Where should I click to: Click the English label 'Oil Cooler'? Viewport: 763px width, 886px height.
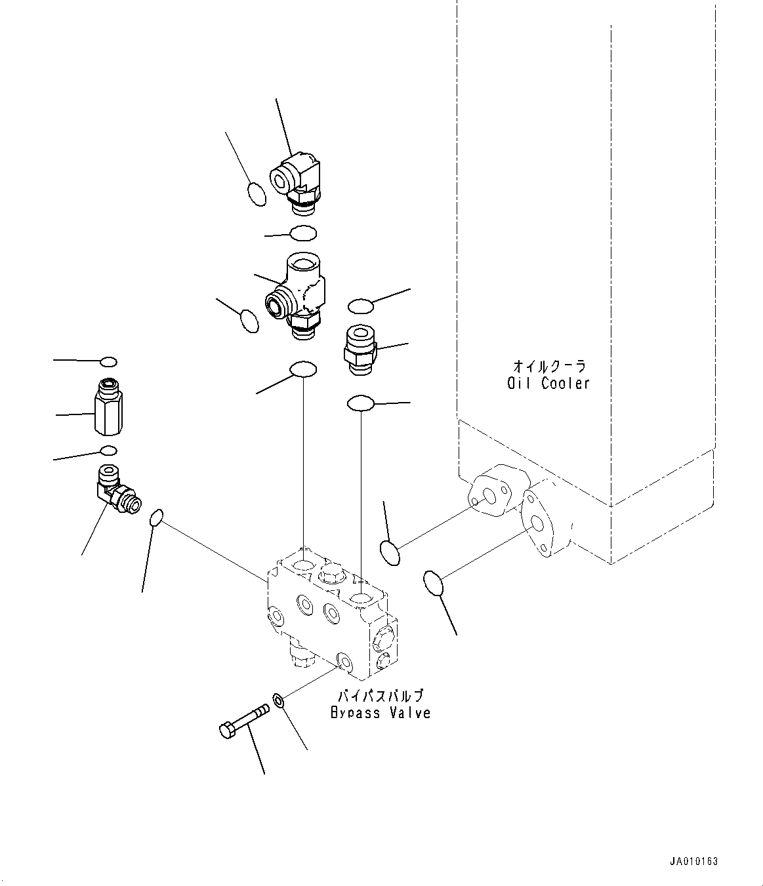point(548,384)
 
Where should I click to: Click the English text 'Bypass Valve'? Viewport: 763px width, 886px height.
point(381,712)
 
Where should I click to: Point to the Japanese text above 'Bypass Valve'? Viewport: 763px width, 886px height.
point(381,696)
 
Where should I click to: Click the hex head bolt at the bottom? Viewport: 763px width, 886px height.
point(242,720)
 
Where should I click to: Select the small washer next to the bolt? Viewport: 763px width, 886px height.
point(278,701)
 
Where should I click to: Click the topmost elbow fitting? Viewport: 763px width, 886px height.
point(296,180)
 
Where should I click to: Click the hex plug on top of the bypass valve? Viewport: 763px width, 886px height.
point(329,574)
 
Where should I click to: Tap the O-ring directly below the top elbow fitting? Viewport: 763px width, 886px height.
point(303,233)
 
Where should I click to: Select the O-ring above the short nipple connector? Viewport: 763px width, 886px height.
point(361,306)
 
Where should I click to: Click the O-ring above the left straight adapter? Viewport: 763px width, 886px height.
point(109,362)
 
